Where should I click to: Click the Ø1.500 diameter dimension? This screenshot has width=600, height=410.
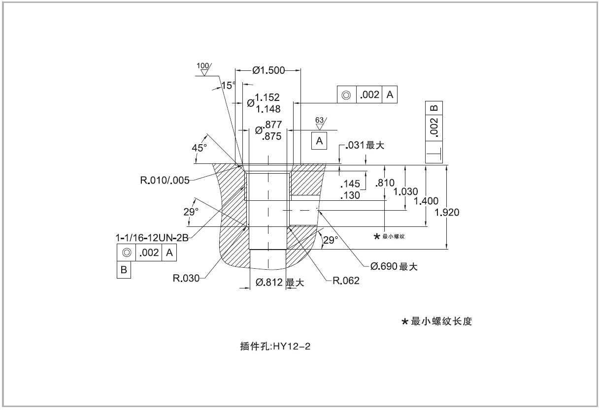(x=268, y=70)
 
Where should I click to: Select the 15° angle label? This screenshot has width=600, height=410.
(x=229, y=85)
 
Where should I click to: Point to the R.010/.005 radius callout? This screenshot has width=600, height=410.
(x=165, y=180)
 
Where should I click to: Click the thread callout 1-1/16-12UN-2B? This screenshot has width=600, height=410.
(x=153, y=237)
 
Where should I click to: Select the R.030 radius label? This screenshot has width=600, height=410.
(x=186, y=279)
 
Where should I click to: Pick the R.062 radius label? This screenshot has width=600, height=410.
(x=346, y=281)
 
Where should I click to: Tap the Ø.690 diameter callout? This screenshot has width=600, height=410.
(x=394, y=267)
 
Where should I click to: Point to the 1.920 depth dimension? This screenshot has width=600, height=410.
(x=448, y=213)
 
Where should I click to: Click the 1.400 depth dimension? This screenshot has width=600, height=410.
(x=426, y=201)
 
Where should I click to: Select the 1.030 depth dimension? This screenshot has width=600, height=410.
(x=406, y=191)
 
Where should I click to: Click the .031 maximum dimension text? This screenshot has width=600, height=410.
(x=365, y=146)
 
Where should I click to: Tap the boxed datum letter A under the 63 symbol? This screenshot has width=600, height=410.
(x=319, y=141)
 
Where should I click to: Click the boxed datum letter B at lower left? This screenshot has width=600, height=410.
(x=124, y=270)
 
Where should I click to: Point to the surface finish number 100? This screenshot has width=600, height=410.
(x=202, y=66)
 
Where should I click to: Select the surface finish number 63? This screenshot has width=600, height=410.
(x=319, y=120)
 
